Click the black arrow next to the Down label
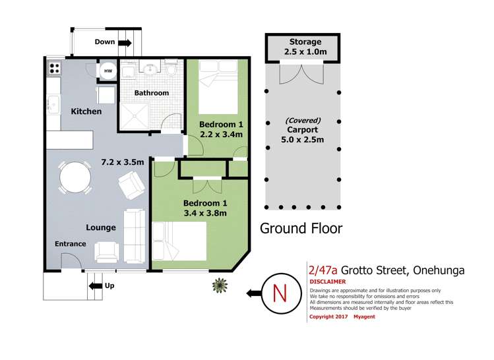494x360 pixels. (125, 42)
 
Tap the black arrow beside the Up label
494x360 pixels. (94, 285)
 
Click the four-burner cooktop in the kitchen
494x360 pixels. (53, 67)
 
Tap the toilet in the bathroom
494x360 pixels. (171, 69)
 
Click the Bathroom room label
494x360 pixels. (152, 93)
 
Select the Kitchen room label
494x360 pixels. (86, 111)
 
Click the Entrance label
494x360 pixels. (70, 244)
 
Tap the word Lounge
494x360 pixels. (101, 227)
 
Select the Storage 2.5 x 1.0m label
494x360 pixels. (304, 47)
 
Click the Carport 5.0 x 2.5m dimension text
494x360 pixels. (303, 140)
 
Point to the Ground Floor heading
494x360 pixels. (301, 228)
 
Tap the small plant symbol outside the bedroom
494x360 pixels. (218, 285)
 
